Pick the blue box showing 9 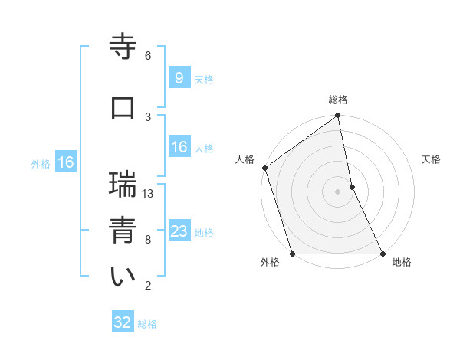click(179, 77)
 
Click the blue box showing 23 click(179, 231)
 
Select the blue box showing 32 click(123, 322)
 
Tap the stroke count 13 click(149, 194)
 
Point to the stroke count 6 click(148, 56)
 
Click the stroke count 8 click(148, 240)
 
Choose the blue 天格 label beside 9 click(204, 79)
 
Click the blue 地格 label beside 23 click(204, 233)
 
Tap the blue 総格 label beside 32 click(147, 324)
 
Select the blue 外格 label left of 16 click(41, 163)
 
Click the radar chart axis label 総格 click(338, 100)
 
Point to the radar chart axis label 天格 click(432, 159)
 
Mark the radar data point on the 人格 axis click(264, 168)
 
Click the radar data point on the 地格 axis click(382, 254)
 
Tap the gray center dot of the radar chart click(337, 191)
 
